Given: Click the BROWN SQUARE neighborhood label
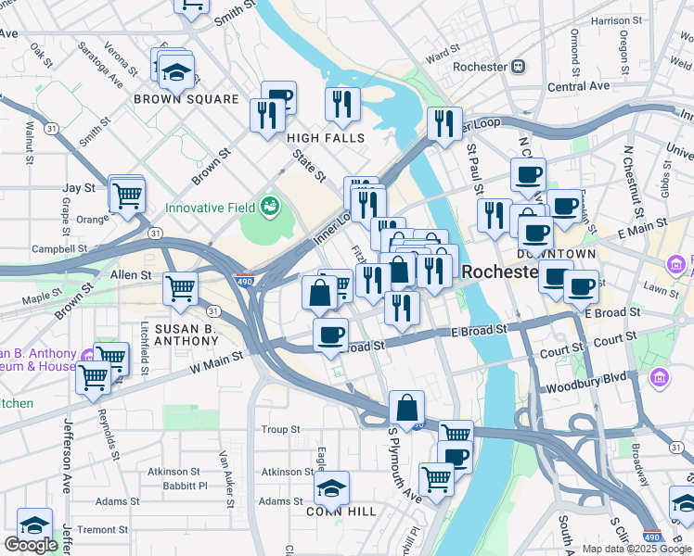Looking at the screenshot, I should click(186, 99).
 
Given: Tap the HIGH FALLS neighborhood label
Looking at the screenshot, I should click(326, 137).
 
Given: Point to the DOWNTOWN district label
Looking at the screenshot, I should click(557, 253).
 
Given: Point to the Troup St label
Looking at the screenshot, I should click(280, 429).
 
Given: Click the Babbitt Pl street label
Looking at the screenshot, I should click(181, 486).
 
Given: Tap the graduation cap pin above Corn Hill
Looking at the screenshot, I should click(332, 487).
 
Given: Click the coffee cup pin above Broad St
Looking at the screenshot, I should click(329, 334).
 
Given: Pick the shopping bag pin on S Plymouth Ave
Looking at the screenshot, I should click(406, 407).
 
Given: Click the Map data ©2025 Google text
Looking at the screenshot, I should click(636, 549).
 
